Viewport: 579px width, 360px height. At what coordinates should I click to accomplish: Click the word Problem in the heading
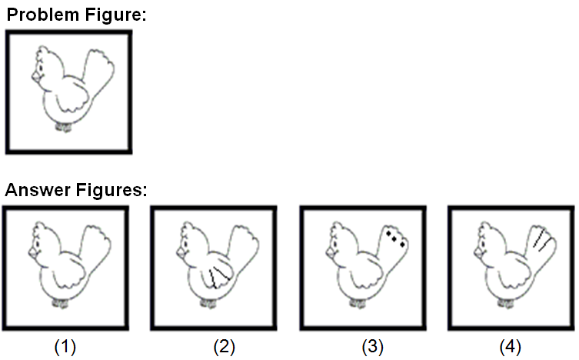point(43,15)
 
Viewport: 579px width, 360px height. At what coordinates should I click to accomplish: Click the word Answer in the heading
point(38,190)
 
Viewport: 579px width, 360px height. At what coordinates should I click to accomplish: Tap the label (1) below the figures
point(65,347)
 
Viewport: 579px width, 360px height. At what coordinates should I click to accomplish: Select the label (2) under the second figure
point(224,347)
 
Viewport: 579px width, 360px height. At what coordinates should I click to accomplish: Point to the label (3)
point(373,347)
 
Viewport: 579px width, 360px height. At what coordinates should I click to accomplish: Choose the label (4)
point(511,347)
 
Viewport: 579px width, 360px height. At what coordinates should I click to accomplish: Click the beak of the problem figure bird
point(37,77)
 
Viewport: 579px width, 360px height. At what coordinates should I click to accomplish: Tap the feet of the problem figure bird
point(64,128)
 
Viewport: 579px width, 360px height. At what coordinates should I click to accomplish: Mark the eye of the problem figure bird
point(40,68)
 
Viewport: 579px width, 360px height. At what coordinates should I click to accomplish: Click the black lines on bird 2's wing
point(218,276)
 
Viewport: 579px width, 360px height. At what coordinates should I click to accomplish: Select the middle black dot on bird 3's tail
point(394,239)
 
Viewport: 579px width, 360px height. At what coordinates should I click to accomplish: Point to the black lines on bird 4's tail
point(543,240)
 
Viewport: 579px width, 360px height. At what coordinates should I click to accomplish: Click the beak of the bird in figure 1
point(34,253)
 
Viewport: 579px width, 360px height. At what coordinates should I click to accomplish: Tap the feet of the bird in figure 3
point(358,303)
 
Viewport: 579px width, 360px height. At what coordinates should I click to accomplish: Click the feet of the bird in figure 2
point(208,303)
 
